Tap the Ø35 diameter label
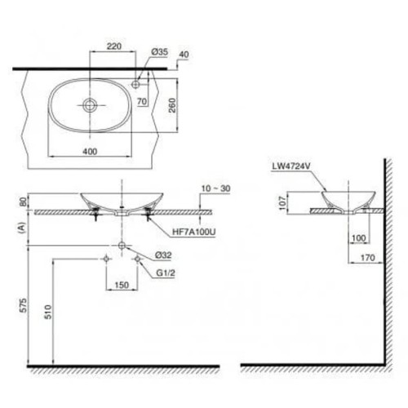(x=159, y=51)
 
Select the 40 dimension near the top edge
(x=182, y=55)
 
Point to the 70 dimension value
(x=141, y=103)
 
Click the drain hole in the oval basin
(x=90, y=104)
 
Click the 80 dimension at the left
(x=24, y=202)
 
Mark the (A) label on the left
(x=24, y=231)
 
